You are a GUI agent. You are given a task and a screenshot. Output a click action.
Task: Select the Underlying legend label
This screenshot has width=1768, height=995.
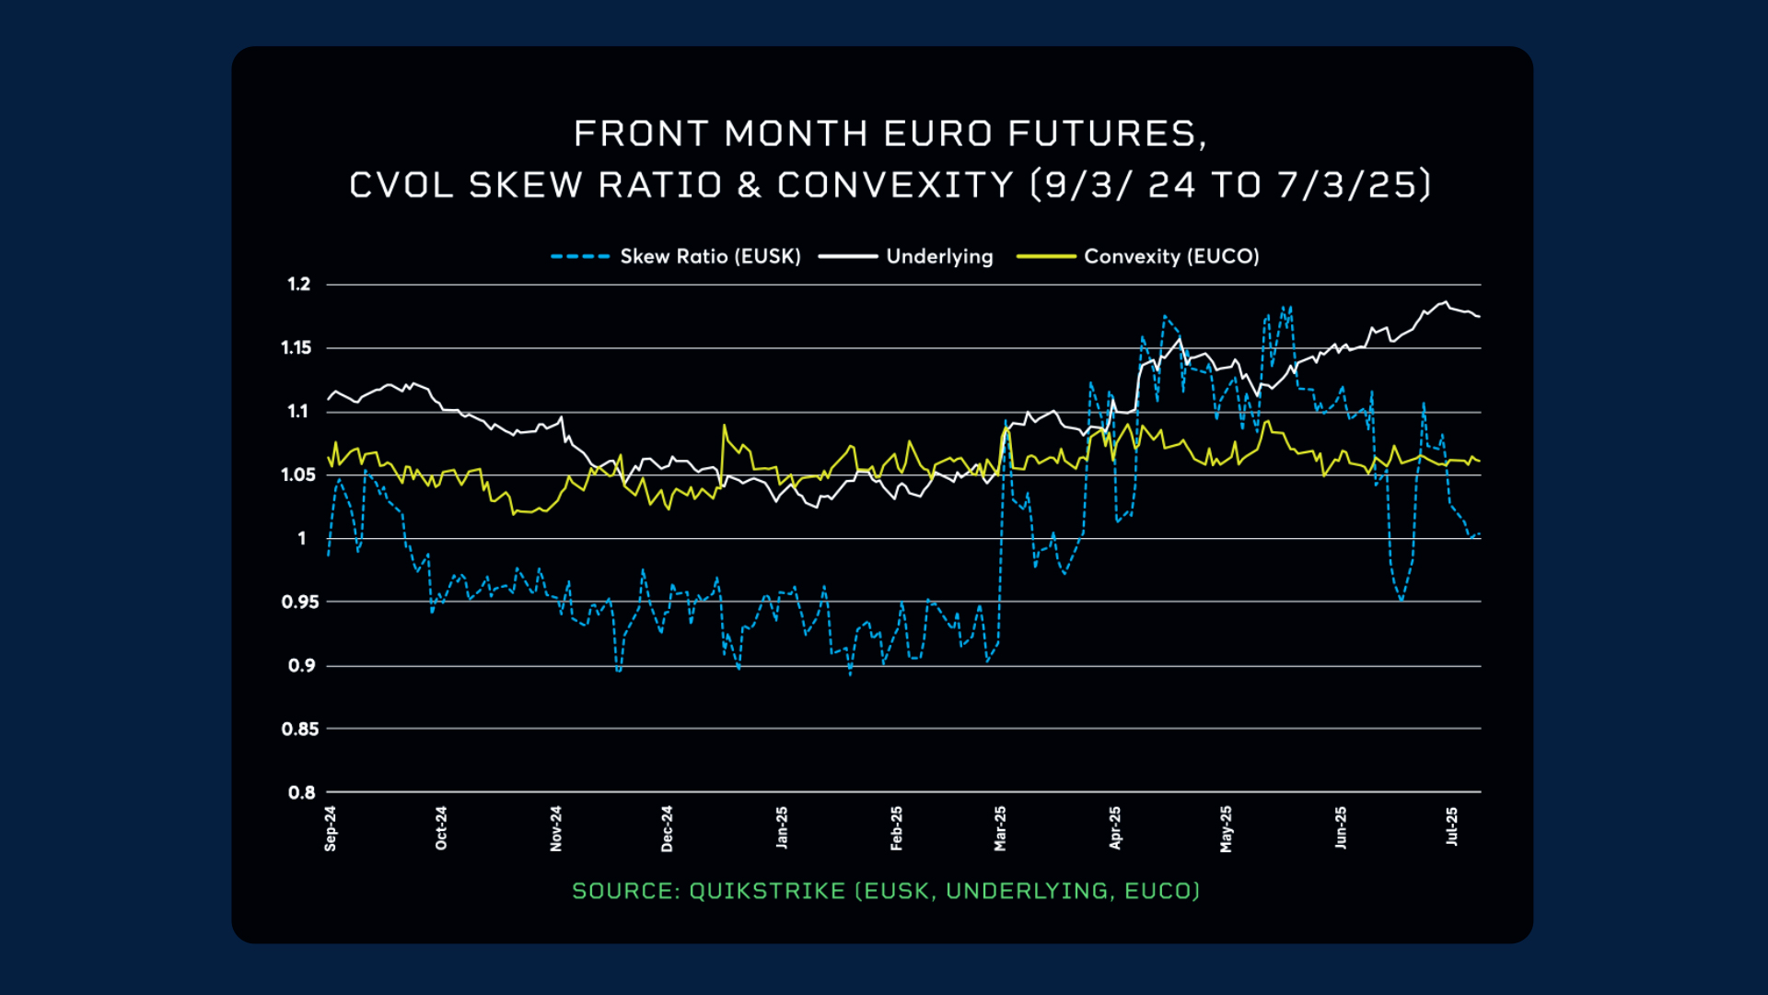(939, 256)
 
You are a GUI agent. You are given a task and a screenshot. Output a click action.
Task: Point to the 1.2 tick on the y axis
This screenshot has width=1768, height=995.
(299, 284)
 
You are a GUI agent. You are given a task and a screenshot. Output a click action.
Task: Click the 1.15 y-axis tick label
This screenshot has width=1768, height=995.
(297, 347)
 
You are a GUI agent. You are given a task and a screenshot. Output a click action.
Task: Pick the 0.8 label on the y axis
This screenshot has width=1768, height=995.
(301, 792)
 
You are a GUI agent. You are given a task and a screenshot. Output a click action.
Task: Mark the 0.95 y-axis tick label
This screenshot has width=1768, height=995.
(300, 602)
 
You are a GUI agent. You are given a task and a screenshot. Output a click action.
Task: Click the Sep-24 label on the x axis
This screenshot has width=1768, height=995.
(331, 828)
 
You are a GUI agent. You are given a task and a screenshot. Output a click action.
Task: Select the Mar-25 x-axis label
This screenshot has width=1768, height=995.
(1000, 828)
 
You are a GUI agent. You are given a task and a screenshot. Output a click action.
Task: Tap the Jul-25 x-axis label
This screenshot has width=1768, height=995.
(1452, 826)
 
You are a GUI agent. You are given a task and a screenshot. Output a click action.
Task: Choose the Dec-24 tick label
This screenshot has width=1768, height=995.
(667, 828)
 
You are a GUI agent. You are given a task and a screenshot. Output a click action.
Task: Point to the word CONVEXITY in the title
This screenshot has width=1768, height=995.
(895, 185)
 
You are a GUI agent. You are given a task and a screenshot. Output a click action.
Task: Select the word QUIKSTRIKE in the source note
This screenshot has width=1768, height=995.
(767, 891)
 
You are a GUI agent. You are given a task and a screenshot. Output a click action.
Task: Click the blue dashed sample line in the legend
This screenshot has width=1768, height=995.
(580, 256)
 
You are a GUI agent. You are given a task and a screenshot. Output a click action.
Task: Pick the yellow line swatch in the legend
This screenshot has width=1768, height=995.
(1046, 256)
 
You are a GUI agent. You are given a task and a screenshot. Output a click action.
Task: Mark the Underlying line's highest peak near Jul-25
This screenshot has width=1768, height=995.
(1446, 302)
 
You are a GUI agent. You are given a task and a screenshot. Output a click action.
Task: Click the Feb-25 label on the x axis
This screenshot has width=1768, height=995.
(896, 828)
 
